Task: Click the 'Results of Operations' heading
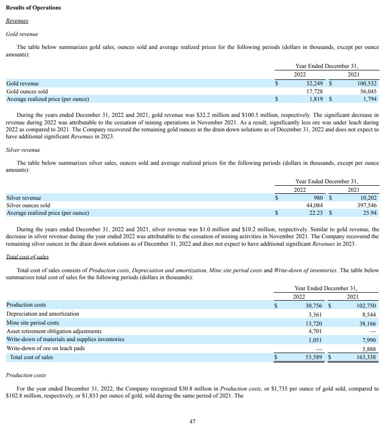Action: [x=33, y=7]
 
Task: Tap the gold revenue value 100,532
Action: [x=366, y=83]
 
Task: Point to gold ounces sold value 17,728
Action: [x=316, y=91]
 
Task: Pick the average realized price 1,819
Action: [x=317, y=99]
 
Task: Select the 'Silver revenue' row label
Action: [x=23, y=198]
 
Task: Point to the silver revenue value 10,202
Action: [x=368, y=198]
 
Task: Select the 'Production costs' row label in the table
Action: [x=26, y=305]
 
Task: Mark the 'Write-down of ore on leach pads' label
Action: [x=45, y=348]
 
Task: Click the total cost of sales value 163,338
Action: [x=366, y=357]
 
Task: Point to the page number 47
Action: [x=192, y=421]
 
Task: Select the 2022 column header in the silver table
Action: [x=300, y=190]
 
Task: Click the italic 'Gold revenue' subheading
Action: [x=21, y=34]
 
